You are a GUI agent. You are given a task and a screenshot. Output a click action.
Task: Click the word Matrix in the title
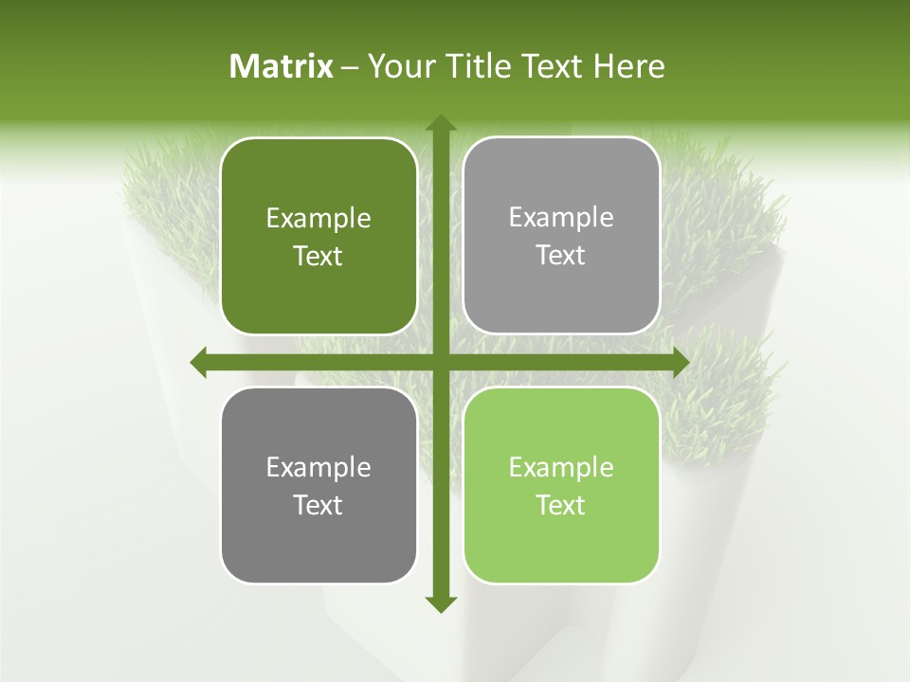pos(282,66)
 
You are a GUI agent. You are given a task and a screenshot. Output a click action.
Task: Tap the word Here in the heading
pos(628,66)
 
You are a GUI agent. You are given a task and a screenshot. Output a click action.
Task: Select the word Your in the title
pos(398,66)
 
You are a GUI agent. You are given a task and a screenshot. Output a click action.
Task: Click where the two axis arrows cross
pos(440,362)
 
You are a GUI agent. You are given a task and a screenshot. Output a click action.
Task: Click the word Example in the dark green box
pos(318,219)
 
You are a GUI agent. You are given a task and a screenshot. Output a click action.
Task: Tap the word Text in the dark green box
pos(318,256)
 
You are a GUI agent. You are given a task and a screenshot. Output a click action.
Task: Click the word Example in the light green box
pos(561,468)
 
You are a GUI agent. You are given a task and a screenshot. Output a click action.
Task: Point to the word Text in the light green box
pos(561,505)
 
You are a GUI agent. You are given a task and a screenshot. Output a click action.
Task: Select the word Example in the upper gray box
pos(561,218)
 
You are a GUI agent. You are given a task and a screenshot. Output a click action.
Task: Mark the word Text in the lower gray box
pos(318,505)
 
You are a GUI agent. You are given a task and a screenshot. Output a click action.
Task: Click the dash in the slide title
pos(350,67)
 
